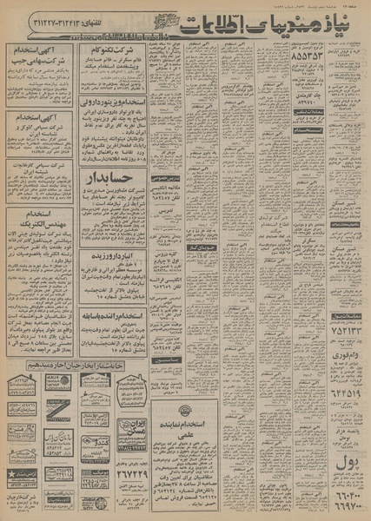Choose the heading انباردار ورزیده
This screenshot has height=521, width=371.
click(x=108, y=258)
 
